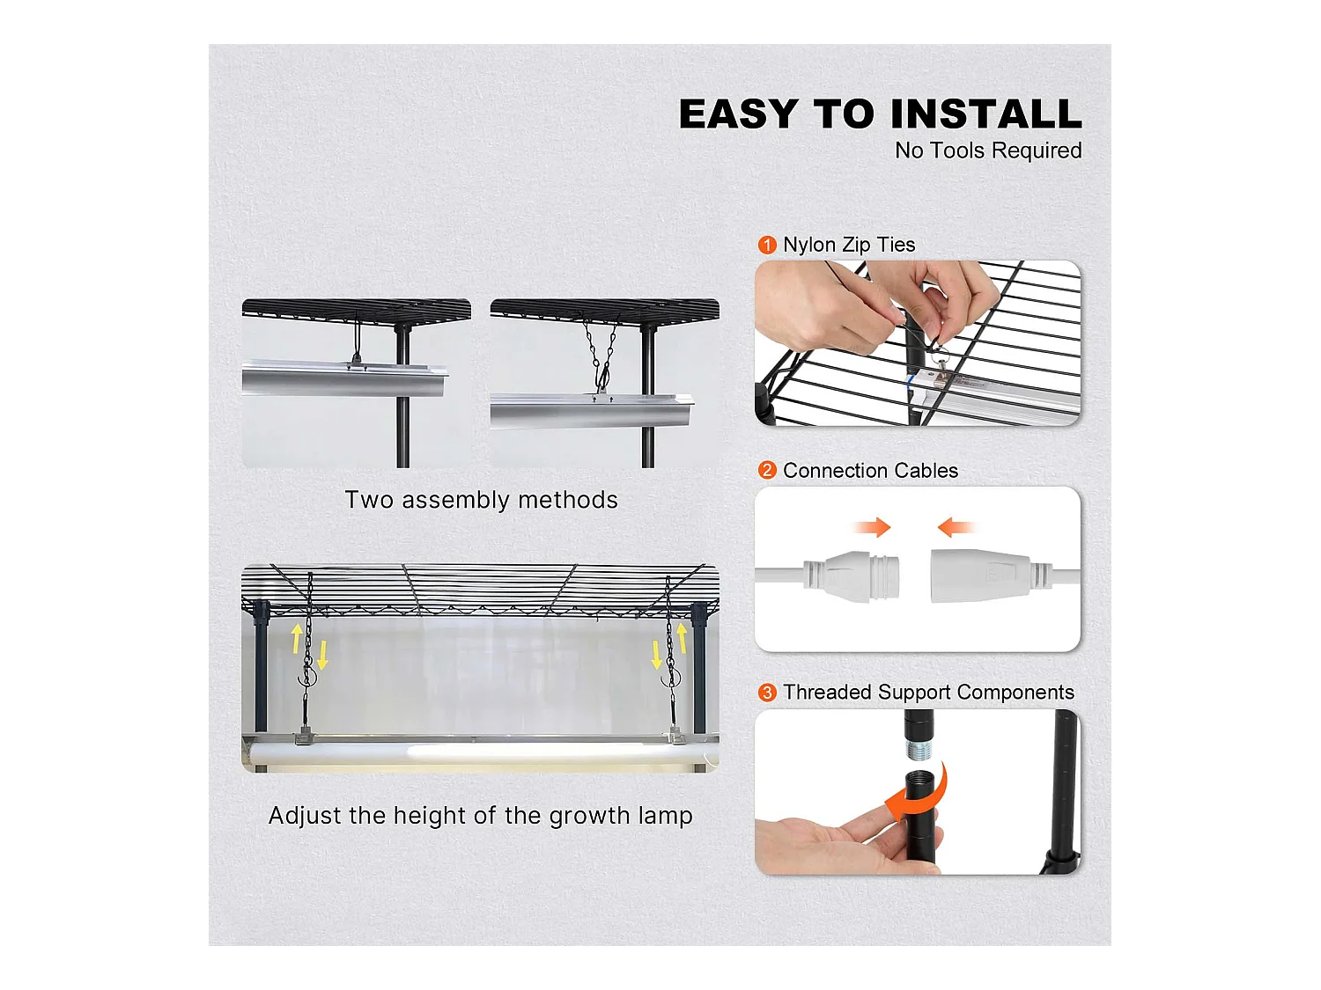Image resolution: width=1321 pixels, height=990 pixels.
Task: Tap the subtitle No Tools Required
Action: [x=988, y=150]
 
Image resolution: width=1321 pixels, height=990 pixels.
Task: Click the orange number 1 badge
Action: [x=767, y=245]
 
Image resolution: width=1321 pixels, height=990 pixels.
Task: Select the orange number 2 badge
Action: [x=767, y=470]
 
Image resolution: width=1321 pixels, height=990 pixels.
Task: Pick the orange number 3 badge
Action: [x=767, y=693]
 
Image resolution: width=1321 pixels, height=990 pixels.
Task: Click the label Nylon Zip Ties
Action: [x=849, y=245]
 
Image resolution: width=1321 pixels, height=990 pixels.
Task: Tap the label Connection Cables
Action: [x=870, y=470]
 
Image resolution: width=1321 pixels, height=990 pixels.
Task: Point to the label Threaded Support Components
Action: [x=928, y=693]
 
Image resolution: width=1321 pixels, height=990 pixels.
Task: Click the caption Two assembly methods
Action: [x=481, y=500]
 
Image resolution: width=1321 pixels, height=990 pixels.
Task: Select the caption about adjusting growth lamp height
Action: [x=480, y=816]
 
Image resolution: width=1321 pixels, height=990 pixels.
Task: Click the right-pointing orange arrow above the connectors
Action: [x=872, y=527]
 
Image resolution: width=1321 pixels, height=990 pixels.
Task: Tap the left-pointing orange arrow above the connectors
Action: [x=956, y=527]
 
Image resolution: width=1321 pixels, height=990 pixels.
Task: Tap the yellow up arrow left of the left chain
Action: [x=297, y=638]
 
